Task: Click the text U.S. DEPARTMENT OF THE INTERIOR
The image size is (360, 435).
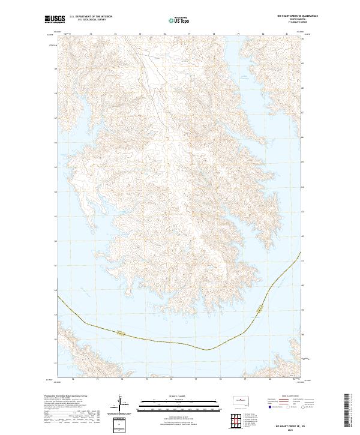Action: [91, 16]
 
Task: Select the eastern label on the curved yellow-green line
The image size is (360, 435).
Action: [259, 310]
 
